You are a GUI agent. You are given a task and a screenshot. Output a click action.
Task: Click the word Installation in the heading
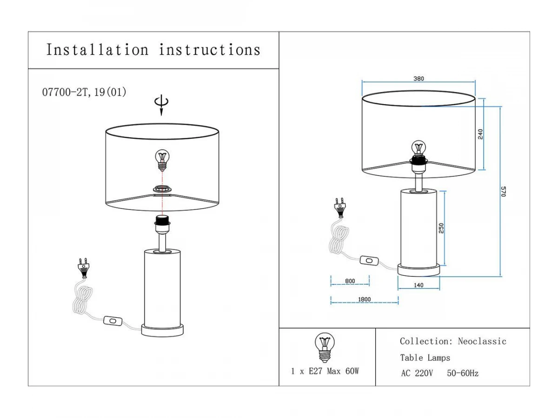[x=97, y=50]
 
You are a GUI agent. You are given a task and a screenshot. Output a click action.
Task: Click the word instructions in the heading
[x=210, y=50]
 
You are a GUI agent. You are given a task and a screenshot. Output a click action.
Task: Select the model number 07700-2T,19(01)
[x=84, y=92]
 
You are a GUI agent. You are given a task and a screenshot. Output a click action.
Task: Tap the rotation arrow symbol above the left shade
[x=162, y=104]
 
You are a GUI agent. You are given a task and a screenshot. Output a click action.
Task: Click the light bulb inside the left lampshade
[x=162, y=160]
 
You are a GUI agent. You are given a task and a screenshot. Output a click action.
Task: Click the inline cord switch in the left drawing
[x=113, y=320]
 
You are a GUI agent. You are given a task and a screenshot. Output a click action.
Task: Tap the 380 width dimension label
[x=418, y=79]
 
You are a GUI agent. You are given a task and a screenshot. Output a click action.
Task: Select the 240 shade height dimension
[x=480, y=134]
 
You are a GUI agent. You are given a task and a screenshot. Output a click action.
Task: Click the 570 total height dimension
[x=503, y=191]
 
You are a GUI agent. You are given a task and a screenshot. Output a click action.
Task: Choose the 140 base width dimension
[x=418, y=285]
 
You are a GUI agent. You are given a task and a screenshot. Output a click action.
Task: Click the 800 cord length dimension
[x=350, y=281]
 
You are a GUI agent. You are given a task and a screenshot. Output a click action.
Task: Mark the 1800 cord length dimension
[x=365, y=299]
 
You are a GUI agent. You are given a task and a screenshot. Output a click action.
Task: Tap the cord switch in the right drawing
[x=370, y=261]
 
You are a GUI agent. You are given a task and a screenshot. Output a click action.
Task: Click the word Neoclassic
[x=482, y=341]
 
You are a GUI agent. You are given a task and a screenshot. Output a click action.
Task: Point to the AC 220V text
[x=417, y=373]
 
